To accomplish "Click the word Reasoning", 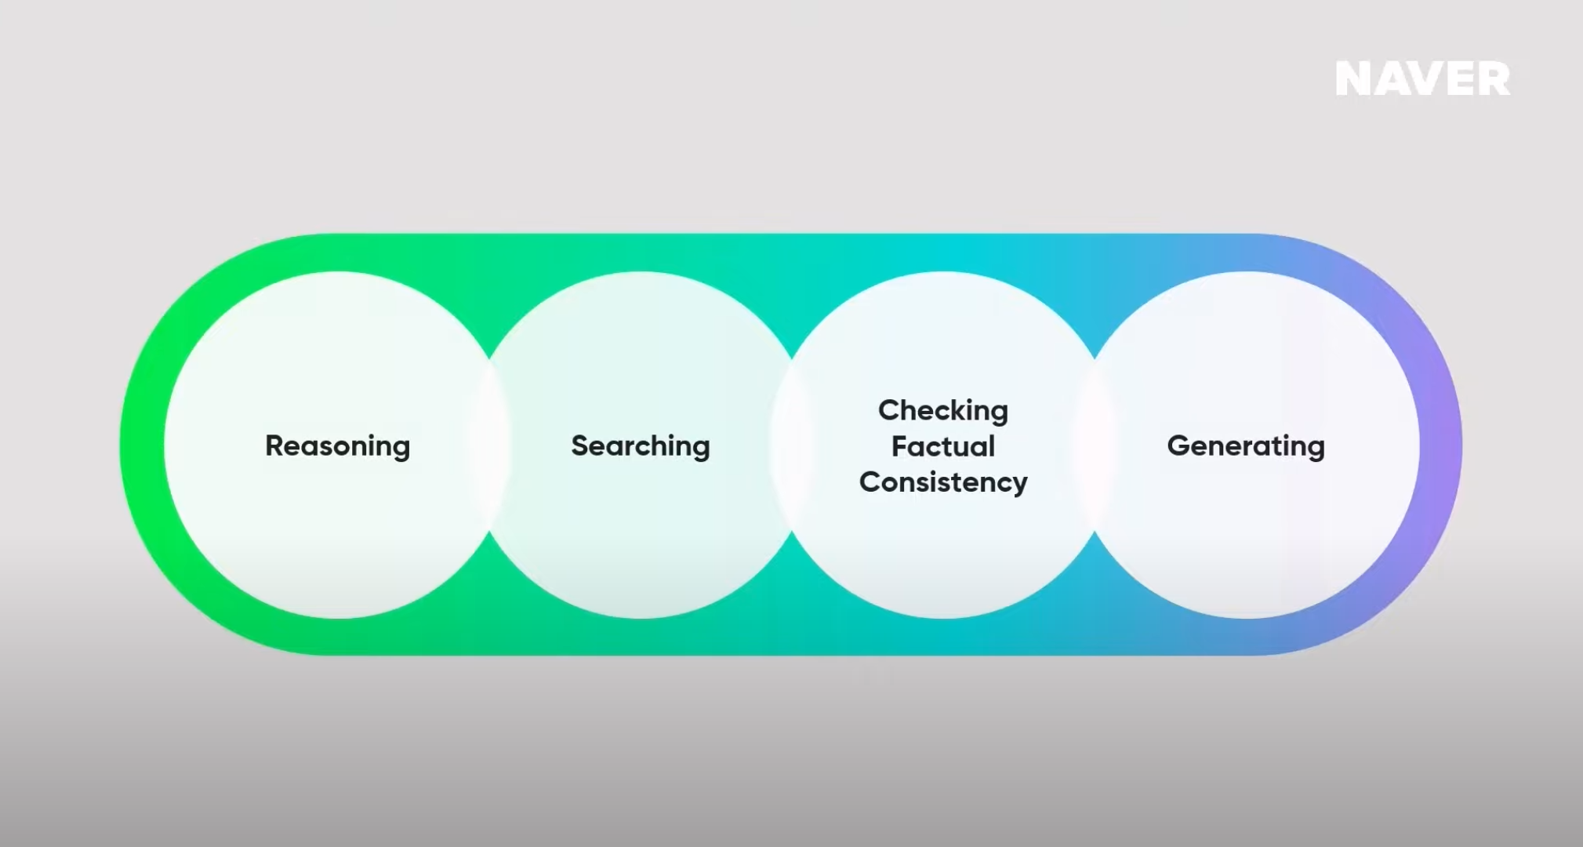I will [x=337, y=445].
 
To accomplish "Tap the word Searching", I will [x=640, y=445].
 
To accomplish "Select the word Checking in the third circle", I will [x=942, y=410].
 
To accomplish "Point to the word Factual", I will [x=942, y=446].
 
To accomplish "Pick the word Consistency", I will [x=942, y=482].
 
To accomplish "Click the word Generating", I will [x=1245, y=445].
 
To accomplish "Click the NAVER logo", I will [x=1422, y=79].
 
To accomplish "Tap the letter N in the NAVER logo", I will [x=1354, y=79].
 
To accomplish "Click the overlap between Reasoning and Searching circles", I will [x=489, y=445].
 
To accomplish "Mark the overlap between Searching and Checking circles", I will [x=791, y=445].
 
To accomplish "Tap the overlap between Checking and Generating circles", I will [x=1095, y=445].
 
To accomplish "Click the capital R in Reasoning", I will [x=274, y=445].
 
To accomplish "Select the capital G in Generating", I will [x=1178, y=445].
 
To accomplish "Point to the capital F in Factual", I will [x=899, y=446].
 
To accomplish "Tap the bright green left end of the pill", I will [x=141, y=445].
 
